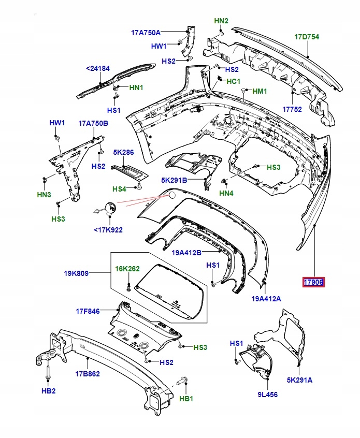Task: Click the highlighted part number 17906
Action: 313,282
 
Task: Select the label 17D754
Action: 307,37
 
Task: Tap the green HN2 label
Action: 221,21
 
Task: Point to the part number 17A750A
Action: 146,33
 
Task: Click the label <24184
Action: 98,68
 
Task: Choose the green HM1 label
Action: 260,91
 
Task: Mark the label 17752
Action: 292,109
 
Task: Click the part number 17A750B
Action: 93,123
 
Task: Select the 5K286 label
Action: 123,153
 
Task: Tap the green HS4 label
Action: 120,188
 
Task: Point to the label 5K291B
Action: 174,180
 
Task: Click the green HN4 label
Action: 226,194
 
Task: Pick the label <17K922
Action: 108,230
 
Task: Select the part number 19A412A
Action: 266,298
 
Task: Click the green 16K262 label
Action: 127,269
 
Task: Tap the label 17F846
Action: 88,311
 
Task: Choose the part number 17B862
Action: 88,373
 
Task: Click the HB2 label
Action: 48,390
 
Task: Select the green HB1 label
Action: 186,399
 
